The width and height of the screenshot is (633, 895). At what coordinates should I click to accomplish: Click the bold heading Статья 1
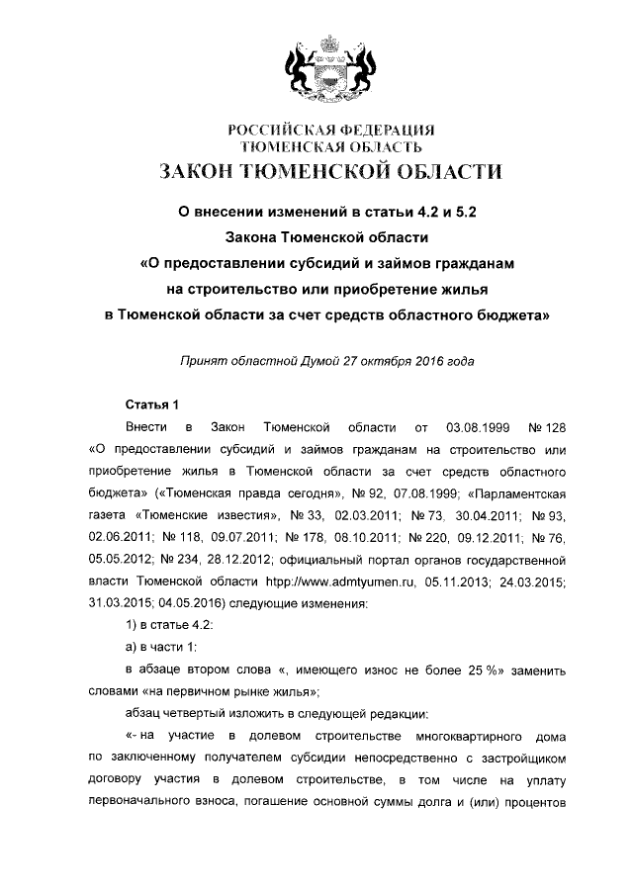coord(151,403)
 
